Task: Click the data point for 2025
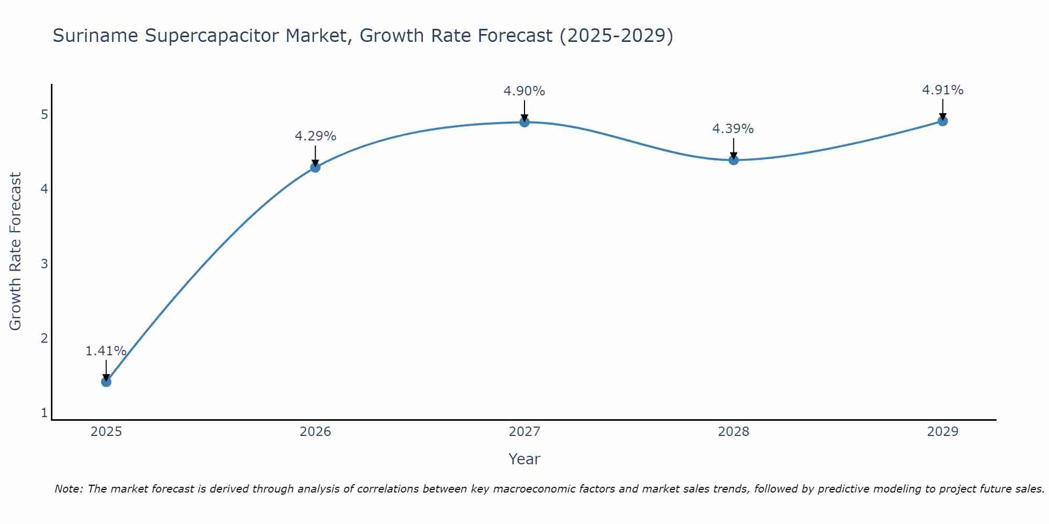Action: click(x=106, y=381)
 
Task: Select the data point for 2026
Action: click(x=315, y=167)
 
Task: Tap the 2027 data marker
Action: click(x=524, y=122)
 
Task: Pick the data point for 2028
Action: click(x=733, y=160)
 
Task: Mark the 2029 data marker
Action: click(x=943, y=121)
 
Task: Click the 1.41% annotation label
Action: click(x=106, y=351)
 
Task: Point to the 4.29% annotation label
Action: click(x=315, y=136)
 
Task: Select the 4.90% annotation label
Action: click(x=524, y=91)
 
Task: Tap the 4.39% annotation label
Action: click(x=733, y=129)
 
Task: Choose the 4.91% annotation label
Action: click(x=943, y=90)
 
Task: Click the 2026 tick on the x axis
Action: click(x=315, y=432)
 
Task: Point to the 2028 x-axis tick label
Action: click(x=733, y=432)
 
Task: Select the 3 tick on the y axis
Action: click(x=45, y=264)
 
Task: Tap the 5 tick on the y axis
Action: click(x=45, y=114)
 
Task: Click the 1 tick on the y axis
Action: click(x=45, y=413)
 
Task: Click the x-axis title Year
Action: click(x=524, y=459)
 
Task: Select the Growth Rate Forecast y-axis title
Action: click(x=16, y=252)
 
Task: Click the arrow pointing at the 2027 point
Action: click(x=524, y=110)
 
